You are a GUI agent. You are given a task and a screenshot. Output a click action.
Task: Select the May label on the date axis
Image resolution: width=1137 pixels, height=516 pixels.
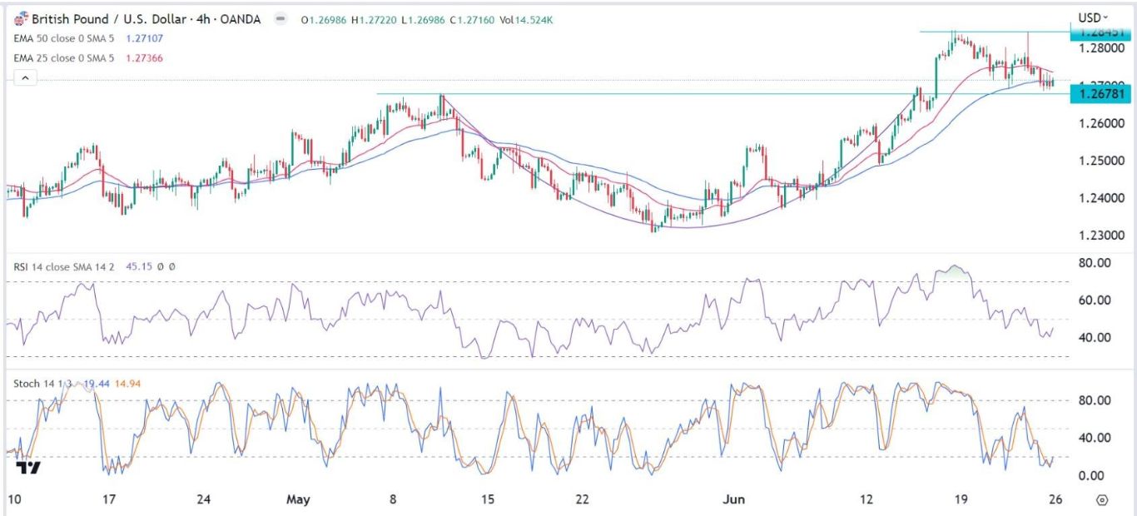(x=298, y=499)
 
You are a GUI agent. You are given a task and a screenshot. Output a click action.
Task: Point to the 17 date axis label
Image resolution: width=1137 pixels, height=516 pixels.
(x=107, y=499)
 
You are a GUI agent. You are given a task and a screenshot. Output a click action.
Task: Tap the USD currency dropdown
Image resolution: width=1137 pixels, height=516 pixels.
(x=1093, y=17)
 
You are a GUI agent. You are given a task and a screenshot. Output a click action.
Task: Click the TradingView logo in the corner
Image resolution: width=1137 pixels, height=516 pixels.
(x=27, y=468)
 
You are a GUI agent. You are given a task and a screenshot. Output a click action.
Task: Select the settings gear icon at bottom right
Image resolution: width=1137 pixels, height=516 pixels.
(x=1103, y=499)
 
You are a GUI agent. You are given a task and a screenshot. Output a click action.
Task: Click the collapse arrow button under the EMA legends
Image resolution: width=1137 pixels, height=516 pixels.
(x=25, y=77)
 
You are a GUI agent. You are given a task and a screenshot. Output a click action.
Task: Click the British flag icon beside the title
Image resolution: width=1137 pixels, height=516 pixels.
(x=21, y=17)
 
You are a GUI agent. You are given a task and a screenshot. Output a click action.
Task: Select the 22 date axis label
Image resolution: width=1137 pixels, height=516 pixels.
(x=582, y=499)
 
